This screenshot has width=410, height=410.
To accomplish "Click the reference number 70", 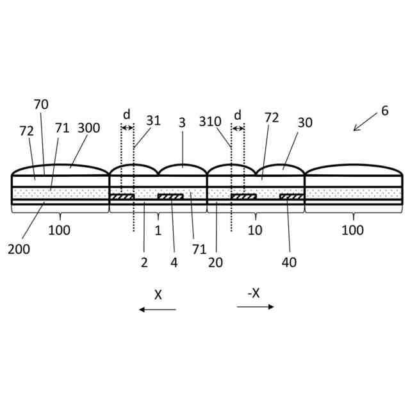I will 41,104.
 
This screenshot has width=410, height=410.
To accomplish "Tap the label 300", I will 88,128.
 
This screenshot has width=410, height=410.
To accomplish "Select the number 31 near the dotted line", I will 153,120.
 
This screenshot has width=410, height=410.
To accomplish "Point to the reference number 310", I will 210,121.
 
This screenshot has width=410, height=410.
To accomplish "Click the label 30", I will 305,122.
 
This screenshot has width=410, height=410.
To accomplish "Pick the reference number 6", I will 384,110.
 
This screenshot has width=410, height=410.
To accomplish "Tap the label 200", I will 19,249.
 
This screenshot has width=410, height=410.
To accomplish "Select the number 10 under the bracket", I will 255,230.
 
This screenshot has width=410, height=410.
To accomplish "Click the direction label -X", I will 254,293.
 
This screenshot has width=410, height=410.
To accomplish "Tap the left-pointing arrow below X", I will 158,309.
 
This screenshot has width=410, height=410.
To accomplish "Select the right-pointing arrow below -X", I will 255,307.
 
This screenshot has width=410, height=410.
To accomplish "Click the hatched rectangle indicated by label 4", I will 170,197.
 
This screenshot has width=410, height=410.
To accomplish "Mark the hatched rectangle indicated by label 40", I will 291,197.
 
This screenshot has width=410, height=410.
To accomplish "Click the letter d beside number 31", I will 127,115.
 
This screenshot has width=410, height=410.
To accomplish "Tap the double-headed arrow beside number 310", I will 238,128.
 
